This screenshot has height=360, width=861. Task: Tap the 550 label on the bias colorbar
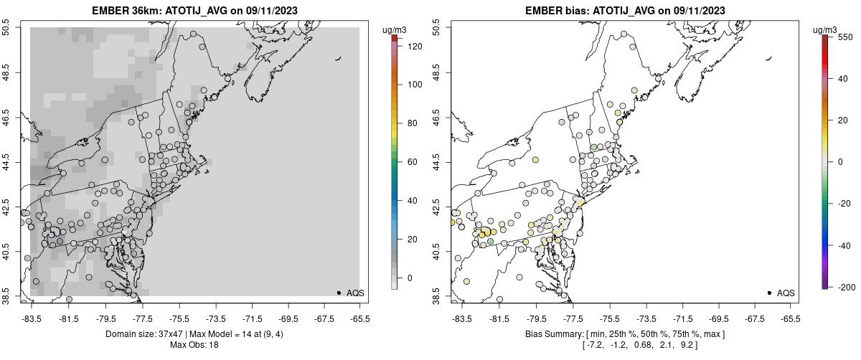click(844, 38)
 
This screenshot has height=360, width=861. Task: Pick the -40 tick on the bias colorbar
click(845, 245)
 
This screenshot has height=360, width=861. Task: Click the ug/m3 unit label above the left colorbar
click(395, 29)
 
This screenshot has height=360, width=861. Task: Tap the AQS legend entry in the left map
click(355, 293)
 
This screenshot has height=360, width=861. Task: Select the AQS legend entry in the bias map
click(786, 293)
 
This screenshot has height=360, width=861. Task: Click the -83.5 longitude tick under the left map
click(31, 318)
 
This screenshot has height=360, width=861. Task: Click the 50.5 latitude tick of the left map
click(6, 28)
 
